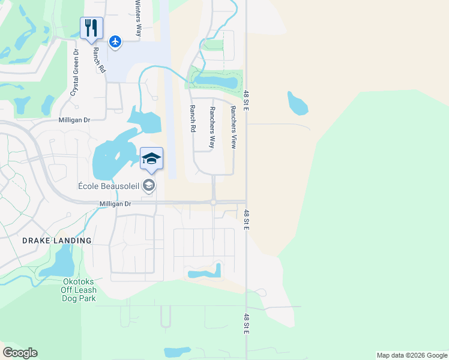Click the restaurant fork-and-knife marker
coord(91,28)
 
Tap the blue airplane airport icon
coord(115,41)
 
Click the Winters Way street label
coord(137,19)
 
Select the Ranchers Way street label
coord(212,127)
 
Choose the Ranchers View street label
coord(233,127)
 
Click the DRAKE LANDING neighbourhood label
coord(57,241)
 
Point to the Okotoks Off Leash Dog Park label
coord(78,289)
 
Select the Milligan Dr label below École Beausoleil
coord(115,204)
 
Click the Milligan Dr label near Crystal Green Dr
coord(74,120)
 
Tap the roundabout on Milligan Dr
coord(213,203)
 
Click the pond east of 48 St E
coord(297,103)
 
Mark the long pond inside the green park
coord(215,80)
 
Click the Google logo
coord(20,353)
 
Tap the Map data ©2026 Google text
coord(412,355)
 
